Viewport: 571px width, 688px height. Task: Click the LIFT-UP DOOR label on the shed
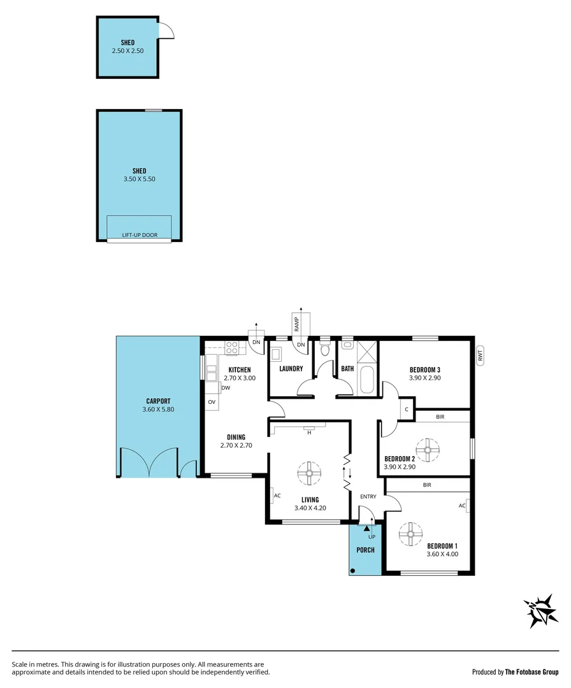coord(140,235)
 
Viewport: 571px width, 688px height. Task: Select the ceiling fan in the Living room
coord(308,473)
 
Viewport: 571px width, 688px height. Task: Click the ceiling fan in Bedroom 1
coord(410,534)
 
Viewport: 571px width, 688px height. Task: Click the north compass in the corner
coord(541,611)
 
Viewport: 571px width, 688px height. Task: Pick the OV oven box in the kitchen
coord(212,402)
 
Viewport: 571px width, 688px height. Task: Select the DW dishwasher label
coord(226,388)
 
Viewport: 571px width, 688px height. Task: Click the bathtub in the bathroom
coord(368,380)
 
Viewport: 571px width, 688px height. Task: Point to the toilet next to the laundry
coord(325,349)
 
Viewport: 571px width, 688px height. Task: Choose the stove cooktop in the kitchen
coord(231,348)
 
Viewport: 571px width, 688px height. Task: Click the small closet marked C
coord(407,409)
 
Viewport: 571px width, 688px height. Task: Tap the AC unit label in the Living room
coord(277,496)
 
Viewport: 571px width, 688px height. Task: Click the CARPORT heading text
coord(158,401)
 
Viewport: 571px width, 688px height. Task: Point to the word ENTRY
coord(368,496)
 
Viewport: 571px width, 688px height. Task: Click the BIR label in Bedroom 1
coord(427,485)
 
